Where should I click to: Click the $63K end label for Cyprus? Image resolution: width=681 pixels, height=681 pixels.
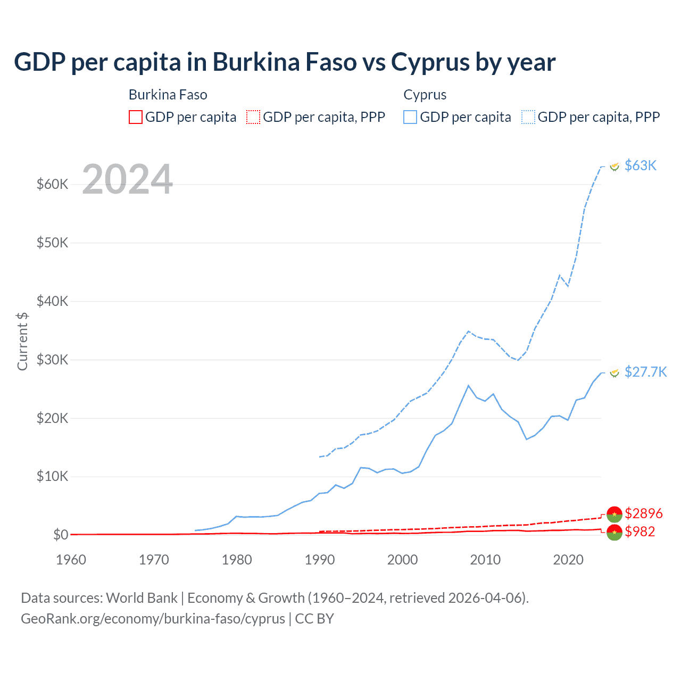(641, 165)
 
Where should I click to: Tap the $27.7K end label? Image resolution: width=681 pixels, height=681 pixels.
(645, 372)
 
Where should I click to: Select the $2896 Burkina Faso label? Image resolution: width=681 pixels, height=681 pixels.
(643, 513)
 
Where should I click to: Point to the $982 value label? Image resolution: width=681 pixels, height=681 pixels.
(640, 531)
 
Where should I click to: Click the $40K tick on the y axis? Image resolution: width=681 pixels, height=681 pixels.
(52, 301)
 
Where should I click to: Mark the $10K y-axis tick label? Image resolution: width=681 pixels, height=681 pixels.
(52, 476)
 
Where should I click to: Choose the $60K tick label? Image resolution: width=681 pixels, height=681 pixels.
(52, 184)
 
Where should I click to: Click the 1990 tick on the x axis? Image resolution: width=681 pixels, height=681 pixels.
(320, 560)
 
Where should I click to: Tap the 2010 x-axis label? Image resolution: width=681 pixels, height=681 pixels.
(485, 560)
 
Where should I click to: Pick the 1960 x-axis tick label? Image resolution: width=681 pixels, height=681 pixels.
(71, 560)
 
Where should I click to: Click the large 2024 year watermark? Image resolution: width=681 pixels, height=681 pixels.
(128, 179)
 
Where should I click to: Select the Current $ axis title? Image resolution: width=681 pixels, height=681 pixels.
(22, 341)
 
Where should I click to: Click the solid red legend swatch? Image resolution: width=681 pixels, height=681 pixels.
(136, 117)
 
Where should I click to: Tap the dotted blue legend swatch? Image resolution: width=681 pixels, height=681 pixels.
(528, 117)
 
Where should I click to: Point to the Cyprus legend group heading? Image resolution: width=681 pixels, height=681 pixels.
(425, 95)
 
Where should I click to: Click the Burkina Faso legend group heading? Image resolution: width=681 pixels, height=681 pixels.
(168, 95)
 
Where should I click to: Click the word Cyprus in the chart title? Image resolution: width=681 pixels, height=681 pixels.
(430, 62)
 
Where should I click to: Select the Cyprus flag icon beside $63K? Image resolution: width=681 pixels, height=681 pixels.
(614, 167)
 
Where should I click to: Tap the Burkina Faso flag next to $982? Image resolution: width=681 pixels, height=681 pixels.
(614, 532)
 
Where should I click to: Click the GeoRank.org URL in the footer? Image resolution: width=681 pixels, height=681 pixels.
(153, 619)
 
